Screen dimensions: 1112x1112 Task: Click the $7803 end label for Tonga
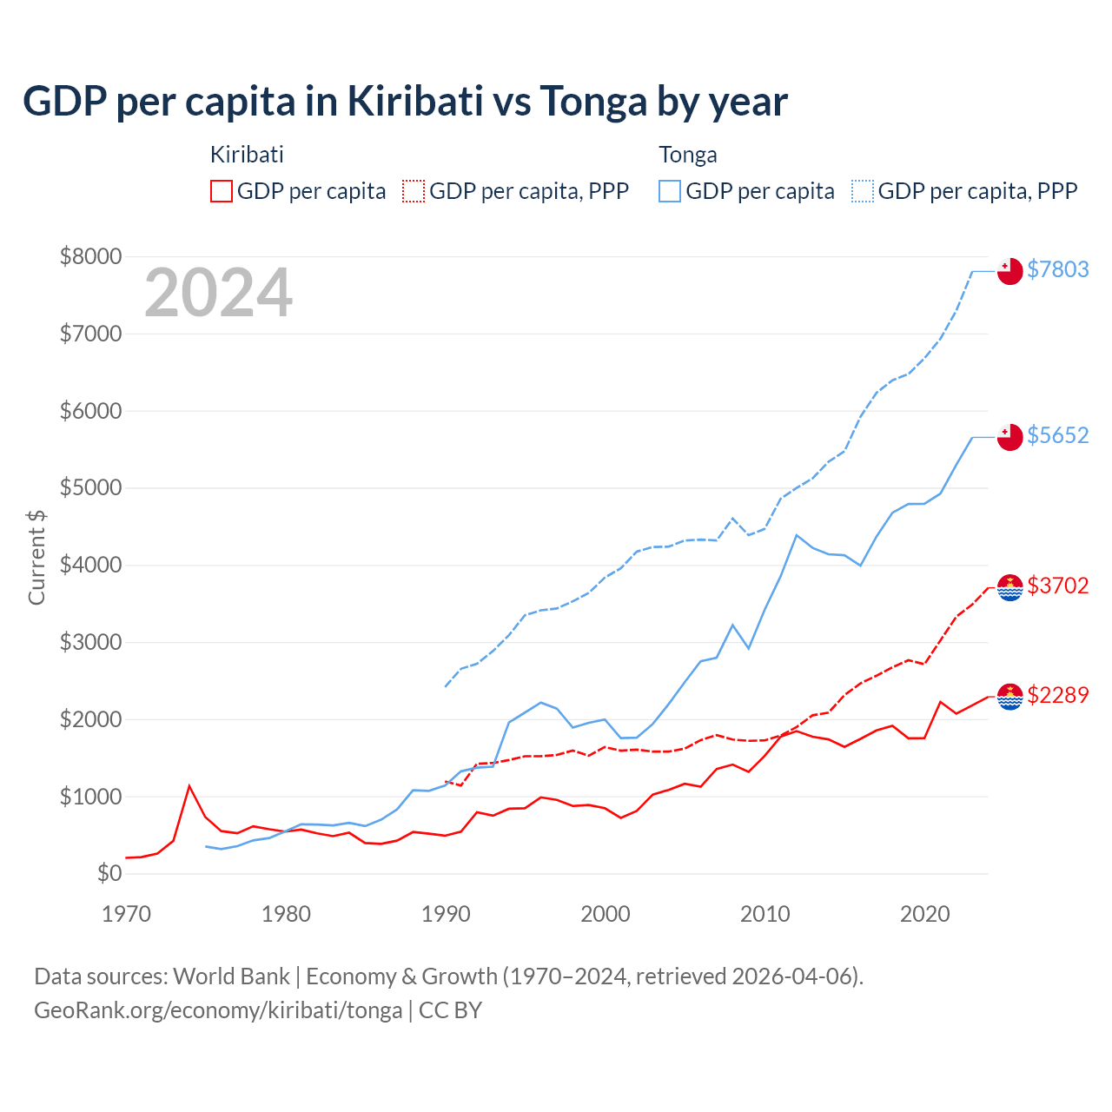(1057, 269)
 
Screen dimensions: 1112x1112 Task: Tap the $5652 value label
(1057, 435)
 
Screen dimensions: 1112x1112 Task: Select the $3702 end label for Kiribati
(1057, 586)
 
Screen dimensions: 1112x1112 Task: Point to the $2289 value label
(1057, 695)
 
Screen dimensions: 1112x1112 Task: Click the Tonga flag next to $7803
(1009, 271)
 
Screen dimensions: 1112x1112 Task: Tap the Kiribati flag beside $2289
(1009, 697)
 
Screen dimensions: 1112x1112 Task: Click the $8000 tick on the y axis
(90, 256)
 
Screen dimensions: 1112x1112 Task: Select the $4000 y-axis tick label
(90, 565)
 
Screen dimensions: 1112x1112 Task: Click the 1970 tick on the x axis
(126, 914)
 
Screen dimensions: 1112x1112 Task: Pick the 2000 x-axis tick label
(605, 914)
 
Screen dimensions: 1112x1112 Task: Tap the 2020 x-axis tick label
(924, 914)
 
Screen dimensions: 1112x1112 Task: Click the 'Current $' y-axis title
(36, 557)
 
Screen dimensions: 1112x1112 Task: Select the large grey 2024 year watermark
(218, 294)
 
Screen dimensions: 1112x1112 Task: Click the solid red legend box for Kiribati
(222, 191)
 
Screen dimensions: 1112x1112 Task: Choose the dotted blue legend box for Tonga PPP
(863, 191)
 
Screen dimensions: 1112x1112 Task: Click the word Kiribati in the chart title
(415, 102)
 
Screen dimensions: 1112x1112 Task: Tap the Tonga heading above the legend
(688, 155)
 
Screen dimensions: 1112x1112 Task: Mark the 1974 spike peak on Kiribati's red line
(189, 786)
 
